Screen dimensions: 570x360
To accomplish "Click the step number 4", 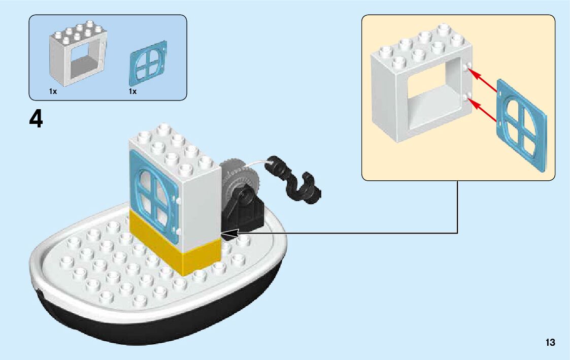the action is pyautogui.click(x=36, y=119).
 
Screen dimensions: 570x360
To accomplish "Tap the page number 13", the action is pyautogui.click(x=550, y=343).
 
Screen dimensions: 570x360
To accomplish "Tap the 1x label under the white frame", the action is pyautogui.click(x=53, y=91).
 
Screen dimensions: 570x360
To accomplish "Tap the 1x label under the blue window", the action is pyautogui.click(x=132, y=91).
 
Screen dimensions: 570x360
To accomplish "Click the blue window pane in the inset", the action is pyautogui.click(x=521, y=124).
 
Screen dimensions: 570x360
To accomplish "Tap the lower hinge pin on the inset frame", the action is pyautogui.click(x=468, y=96).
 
